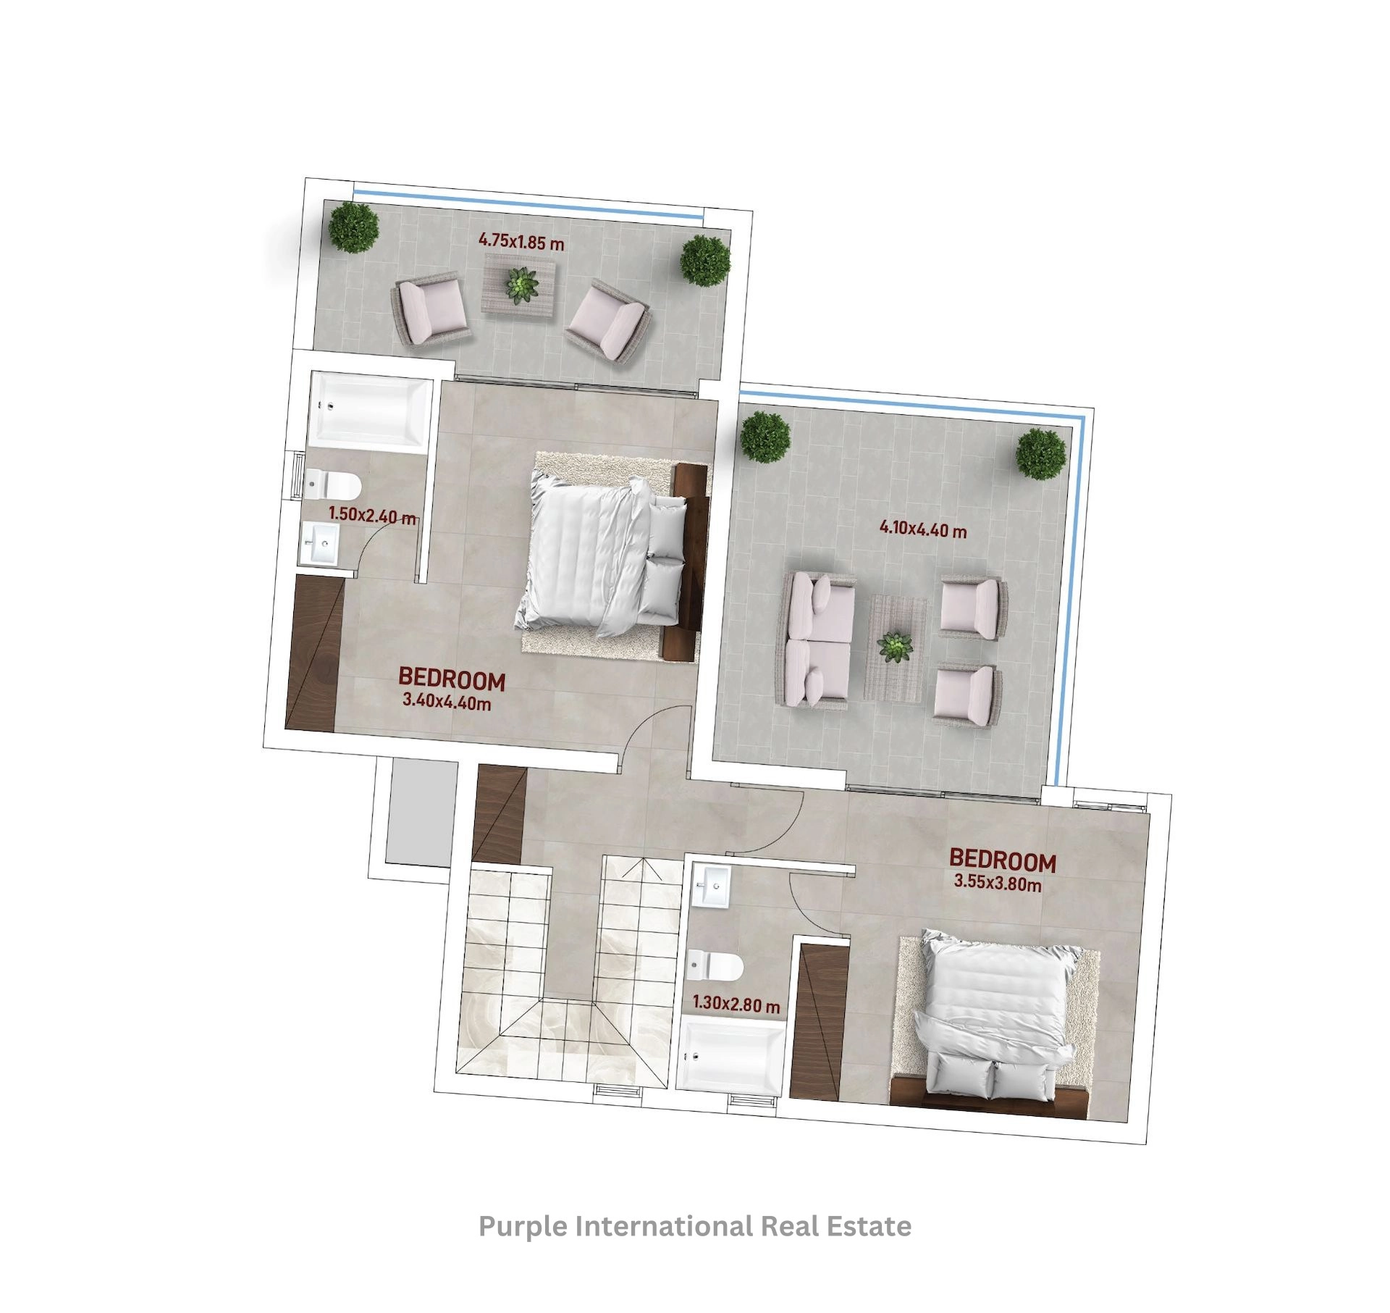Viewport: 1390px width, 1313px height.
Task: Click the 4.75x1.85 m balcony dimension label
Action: [x=521, y=241]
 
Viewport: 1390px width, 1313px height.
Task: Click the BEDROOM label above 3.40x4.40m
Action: [x=452, y=679]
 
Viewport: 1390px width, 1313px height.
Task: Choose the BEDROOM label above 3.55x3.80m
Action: [x=1003, y=860]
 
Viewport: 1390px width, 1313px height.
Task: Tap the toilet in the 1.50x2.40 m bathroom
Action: [x=332, y=483]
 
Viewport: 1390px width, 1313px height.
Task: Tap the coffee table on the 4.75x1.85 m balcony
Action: [x=520, y=284]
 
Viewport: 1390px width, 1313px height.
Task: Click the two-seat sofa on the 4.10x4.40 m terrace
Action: [x=815, y=639]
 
